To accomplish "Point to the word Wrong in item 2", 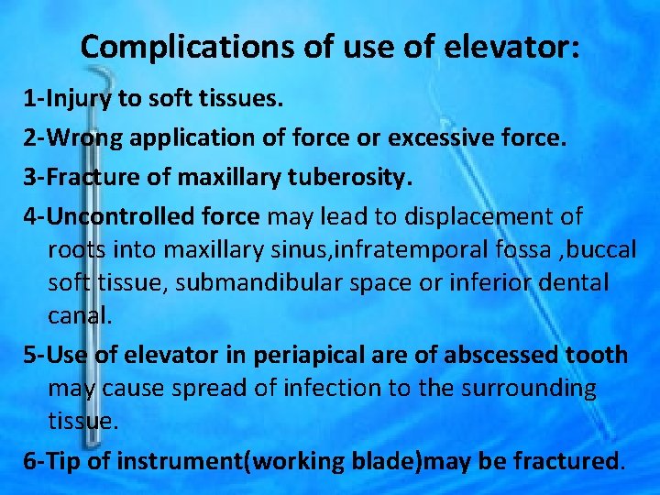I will pyautogui.click(x=84, y=138).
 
